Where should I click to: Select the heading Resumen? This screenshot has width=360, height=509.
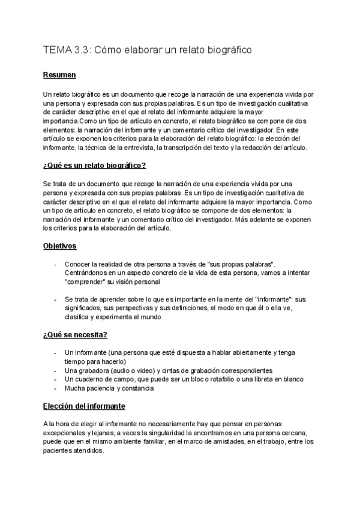pyautogui.click(x=59, y=76)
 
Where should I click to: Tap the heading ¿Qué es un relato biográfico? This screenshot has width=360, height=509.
pyautogui.click(x=95, y=165)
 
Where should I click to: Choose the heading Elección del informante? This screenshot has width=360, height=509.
pyautogui.click(x=84, y=406)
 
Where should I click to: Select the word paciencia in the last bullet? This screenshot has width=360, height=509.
pyautogui.click(x=101, y=388)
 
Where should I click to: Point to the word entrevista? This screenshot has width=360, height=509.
pyautogui.click(x=135, y=148)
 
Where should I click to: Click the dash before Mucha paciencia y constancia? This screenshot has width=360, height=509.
pyautogui.click(x=55, y=388)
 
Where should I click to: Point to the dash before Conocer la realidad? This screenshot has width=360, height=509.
pyautogui.click(x=55, y=264)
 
